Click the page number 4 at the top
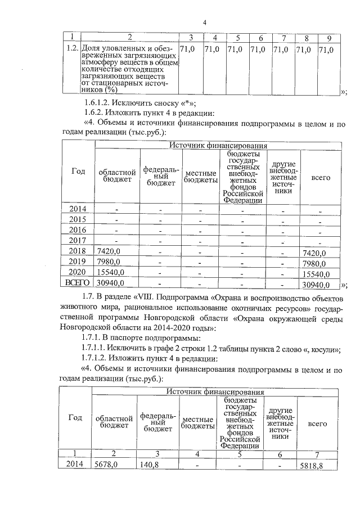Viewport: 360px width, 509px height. pos(205,22)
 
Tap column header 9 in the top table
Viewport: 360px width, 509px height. pos(328,38)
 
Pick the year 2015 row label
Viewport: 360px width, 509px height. pos(78,219)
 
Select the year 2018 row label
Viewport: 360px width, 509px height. pos(78,251)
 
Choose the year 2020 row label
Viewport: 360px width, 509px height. pos(78,272)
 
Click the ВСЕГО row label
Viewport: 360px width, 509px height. pos(78,282)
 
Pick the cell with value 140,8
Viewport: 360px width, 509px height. pos(150,465)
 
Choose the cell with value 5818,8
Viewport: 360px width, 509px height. pos(314,466)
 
